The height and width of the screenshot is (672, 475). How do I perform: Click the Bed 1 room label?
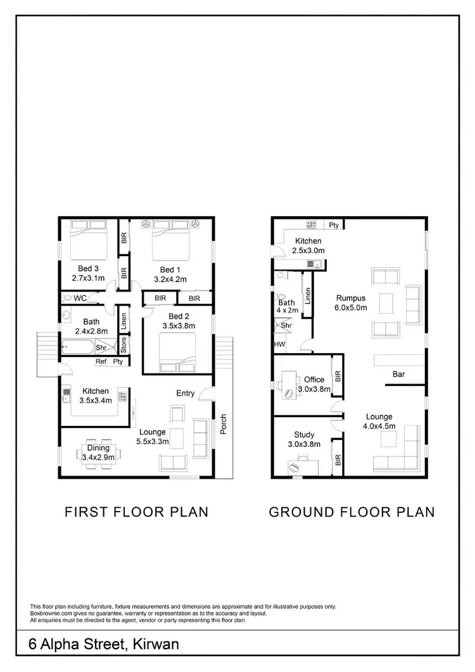click(167, 269)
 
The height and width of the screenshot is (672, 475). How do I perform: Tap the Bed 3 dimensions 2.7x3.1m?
click(89, 278)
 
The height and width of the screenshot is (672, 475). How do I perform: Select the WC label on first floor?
click(80, 297)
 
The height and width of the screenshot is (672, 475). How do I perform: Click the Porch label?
click(223, 425)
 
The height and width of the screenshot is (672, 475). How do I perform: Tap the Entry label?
click(185, 393)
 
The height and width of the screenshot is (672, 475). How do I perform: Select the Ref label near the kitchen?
click(101, 362)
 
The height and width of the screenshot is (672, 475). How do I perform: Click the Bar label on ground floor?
click(398, 375)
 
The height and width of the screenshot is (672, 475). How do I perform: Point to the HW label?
click(279, 345)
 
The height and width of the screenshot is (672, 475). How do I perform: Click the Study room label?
click(304, 434)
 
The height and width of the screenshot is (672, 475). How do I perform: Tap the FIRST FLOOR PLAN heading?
click(136, 512)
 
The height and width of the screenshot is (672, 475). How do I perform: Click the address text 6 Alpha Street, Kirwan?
click(104, 645)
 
